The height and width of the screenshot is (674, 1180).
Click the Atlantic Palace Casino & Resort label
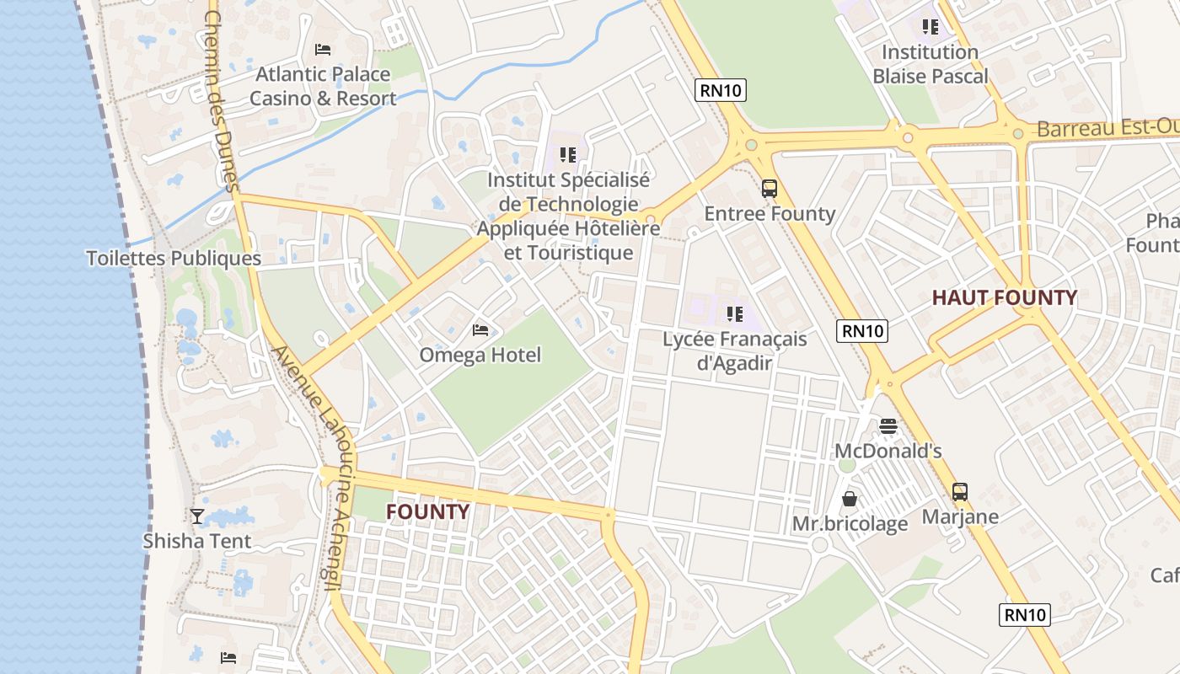point(323,87)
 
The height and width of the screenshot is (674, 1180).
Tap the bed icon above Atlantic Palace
point(322,50)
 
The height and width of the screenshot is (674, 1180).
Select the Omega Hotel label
point(480,355)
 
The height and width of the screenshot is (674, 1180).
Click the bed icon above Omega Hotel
point(480,329)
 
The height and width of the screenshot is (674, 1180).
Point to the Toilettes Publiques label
point(174,258)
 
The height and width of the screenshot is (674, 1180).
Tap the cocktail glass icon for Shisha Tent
point(197,516)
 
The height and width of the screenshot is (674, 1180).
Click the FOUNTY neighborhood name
point(427,511)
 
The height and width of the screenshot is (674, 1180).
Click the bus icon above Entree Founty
point(769,189)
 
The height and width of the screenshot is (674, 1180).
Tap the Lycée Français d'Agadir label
point(734,350)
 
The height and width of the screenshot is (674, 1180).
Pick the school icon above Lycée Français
point(734,314)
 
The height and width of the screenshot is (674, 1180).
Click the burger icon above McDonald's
point(888,426)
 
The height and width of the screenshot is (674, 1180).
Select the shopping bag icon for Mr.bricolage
point(850,499)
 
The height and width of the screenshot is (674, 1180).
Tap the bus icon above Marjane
point(959,492)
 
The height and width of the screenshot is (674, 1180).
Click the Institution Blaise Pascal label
point(930,64)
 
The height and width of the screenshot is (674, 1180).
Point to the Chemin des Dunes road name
point(222,101)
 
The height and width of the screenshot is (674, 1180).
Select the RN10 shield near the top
point(721,90)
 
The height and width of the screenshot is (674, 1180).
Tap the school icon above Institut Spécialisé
point(568,155)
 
